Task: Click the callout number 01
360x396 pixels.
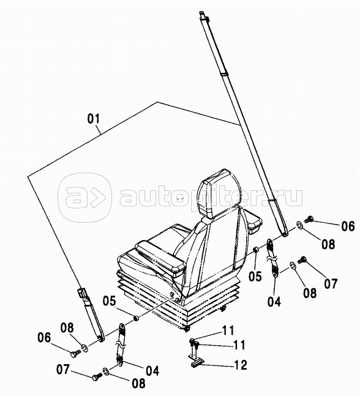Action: [x=94, y=119]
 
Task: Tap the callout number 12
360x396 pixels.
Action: [x=240, y=365]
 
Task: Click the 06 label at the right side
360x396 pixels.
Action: [x=348, y=226]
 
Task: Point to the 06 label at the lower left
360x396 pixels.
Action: [x=44, y=338]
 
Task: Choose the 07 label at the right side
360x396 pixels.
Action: [x=331, y=283]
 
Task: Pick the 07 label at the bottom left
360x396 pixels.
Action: [x=62, y=370]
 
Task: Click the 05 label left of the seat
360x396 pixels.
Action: [x=109, y=301]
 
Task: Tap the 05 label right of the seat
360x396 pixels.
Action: [x=255, y=276]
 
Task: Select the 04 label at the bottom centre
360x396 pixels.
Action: [x=152, y=371]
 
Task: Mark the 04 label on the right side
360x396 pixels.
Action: [x=274, y=302]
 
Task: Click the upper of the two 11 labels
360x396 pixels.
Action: [x=228, y=331]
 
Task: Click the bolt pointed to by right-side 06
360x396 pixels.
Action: [x=309, y=219]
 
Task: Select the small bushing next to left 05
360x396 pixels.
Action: [x=136, y=318]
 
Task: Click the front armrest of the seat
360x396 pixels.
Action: [x=160, y=258]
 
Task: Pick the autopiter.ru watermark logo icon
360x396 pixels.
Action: [x=84, y=198]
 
